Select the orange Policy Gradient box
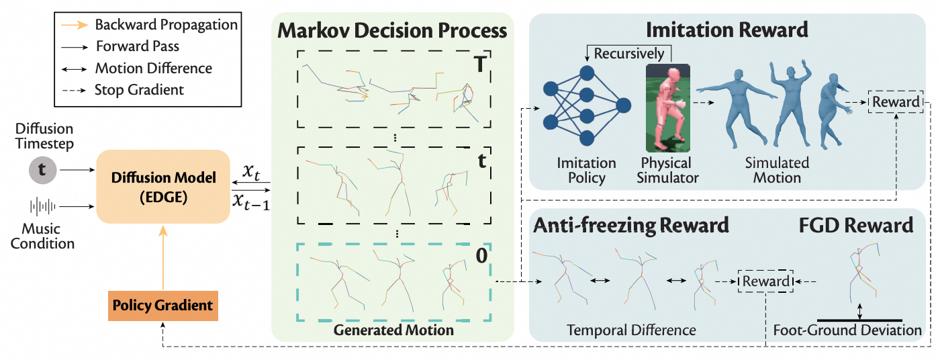click(x=163, y=305)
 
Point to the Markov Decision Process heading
click(x=392, y=30)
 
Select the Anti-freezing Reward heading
click(x=630, y=225)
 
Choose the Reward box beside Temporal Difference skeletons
click(x=766, y=281)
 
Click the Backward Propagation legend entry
click(x=166, y=25)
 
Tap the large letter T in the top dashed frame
click(x=481, y=64)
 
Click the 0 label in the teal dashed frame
click(x=480, y=255)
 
